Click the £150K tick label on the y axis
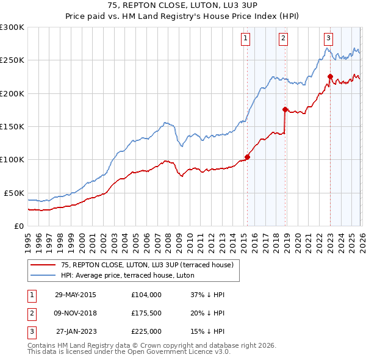click(x=12, y=126)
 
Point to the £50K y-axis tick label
click(x=13, y=193)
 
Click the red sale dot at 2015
click(x=247, y=157)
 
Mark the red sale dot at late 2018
click(x=285, y=109)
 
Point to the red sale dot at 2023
click(x=330, y=76)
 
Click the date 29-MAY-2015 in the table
click(x=75, y=295)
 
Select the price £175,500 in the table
click(x=146, y=313)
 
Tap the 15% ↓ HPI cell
click(x=207, y=331)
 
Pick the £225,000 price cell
click(x=146, y=331)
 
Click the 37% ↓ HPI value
click(x=207, y=295)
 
